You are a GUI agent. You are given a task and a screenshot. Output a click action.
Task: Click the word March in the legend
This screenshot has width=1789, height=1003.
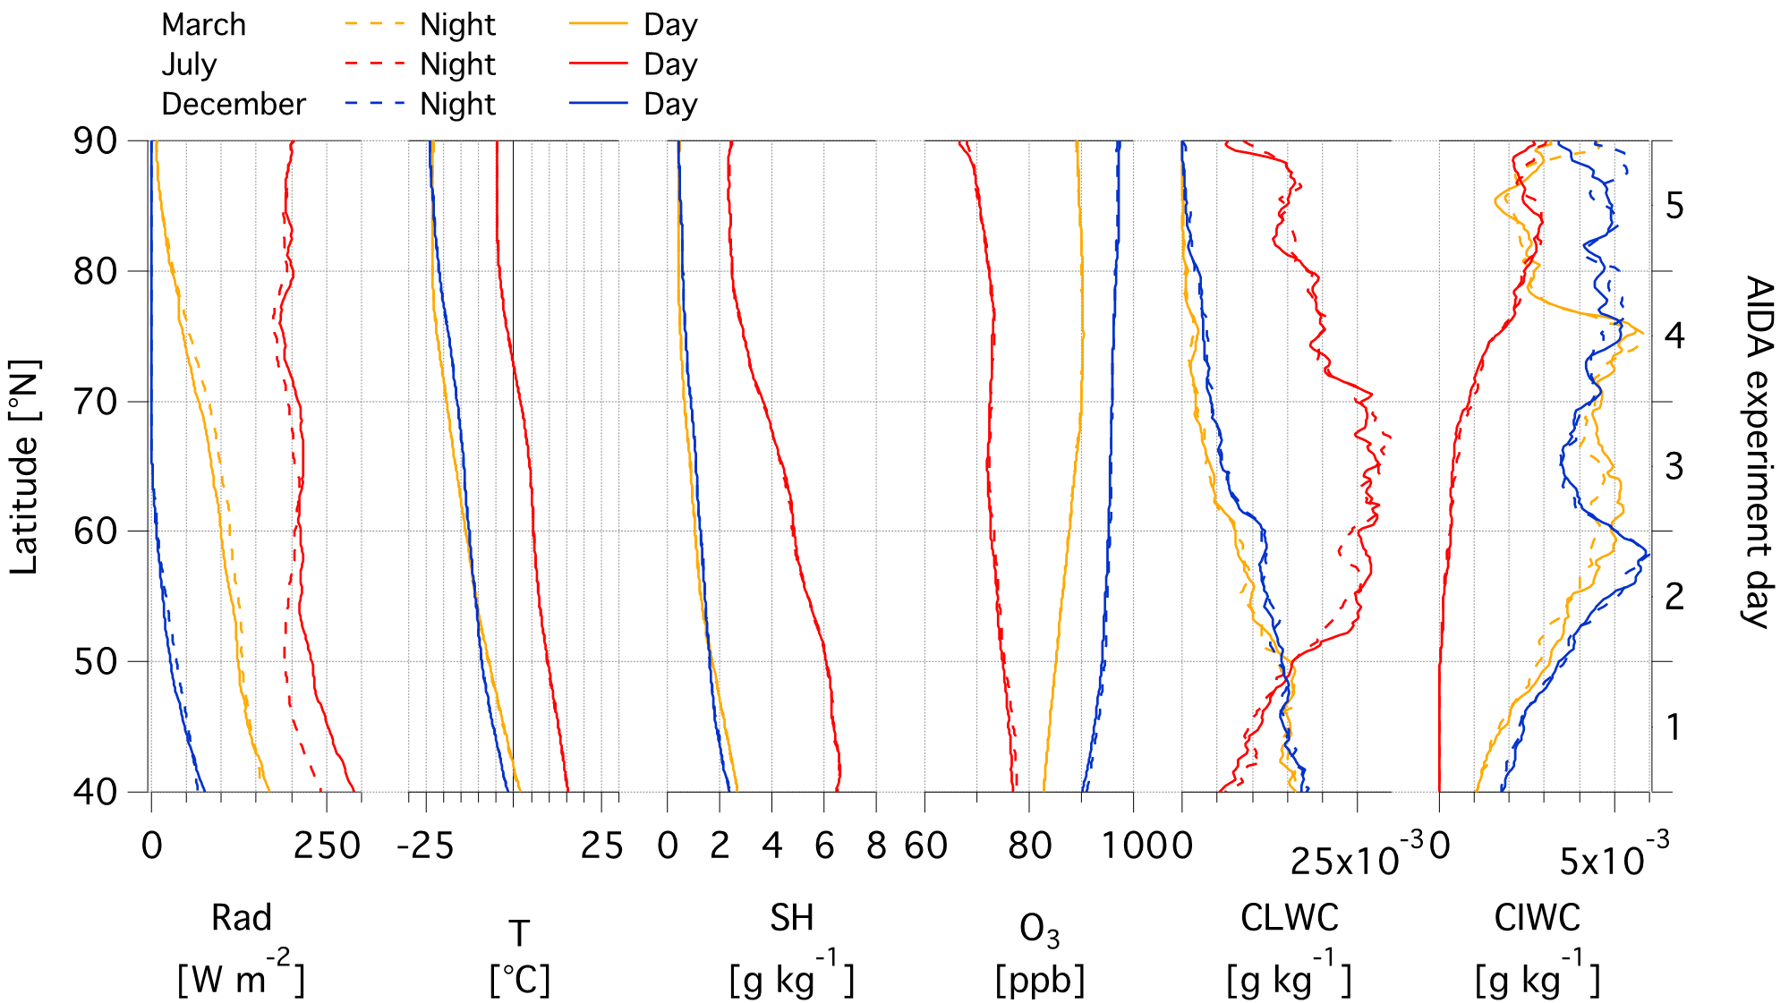[x=203, y=25]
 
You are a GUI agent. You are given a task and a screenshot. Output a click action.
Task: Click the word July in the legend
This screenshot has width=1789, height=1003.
[x=189, y=64]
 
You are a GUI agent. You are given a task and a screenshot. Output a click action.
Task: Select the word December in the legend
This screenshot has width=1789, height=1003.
[x=233, y=104]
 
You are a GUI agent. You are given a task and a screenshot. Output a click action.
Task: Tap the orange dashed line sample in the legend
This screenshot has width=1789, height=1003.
[x=374, y=24]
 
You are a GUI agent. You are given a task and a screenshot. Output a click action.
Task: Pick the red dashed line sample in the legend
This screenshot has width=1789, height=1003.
[x=374, y=64]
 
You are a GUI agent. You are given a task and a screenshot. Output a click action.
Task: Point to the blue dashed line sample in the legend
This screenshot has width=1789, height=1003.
[x=374, y=104]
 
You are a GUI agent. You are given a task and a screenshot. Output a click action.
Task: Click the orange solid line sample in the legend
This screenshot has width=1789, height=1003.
[x=598, y=24]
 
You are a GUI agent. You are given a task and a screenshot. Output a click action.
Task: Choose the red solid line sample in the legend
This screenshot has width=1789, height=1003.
[x=598, y=64]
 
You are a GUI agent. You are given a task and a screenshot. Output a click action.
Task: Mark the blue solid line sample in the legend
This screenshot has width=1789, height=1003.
[x=598, y=104]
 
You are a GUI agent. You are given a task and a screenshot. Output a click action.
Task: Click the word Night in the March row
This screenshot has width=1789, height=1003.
[x=457, y=25]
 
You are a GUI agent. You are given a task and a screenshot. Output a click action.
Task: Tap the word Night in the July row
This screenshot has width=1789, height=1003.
[x=457, y=64]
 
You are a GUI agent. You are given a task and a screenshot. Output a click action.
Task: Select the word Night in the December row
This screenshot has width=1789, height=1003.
[x=457, y=104]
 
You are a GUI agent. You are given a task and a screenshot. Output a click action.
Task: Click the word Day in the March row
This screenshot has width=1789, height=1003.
[x=669, y=25]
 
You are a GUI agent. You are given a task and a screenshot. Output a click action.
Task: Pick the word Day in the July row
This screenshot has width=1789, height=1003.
[x=669, y=64]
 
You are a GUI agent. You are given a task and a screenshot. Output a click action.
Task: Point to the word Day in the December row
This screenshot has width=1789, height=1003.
[x=669, y=104]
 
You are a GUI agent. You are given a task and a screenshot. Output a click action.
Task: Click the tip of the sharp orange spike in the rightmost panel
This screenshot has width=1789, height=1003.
[x=1643, y=334]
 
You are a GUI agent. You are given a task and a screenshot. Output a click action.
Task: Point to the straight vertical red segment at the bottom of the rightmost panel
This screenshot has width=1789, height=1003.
[x=1439, y=725]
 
